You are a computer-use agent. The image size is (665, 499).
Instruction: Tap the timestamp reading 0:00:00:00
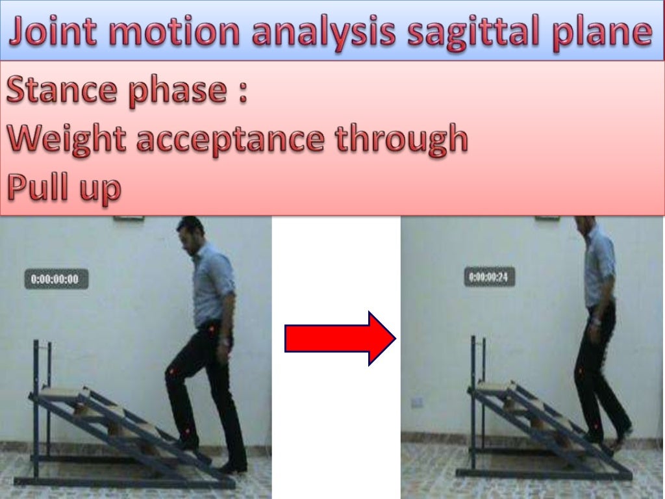55,279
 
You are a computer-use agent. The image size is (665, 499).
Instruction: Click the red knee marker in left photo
171,372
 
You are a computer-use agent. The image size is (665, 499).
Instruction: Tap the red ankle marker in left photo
186,431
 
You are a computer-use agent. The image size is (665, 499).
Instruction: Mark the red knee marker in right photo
580,372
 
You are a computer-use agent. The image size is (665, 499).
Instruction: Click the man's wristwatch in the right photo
595,321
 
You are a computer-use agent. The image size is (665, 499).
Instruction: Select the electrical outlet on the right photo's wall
417,402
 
